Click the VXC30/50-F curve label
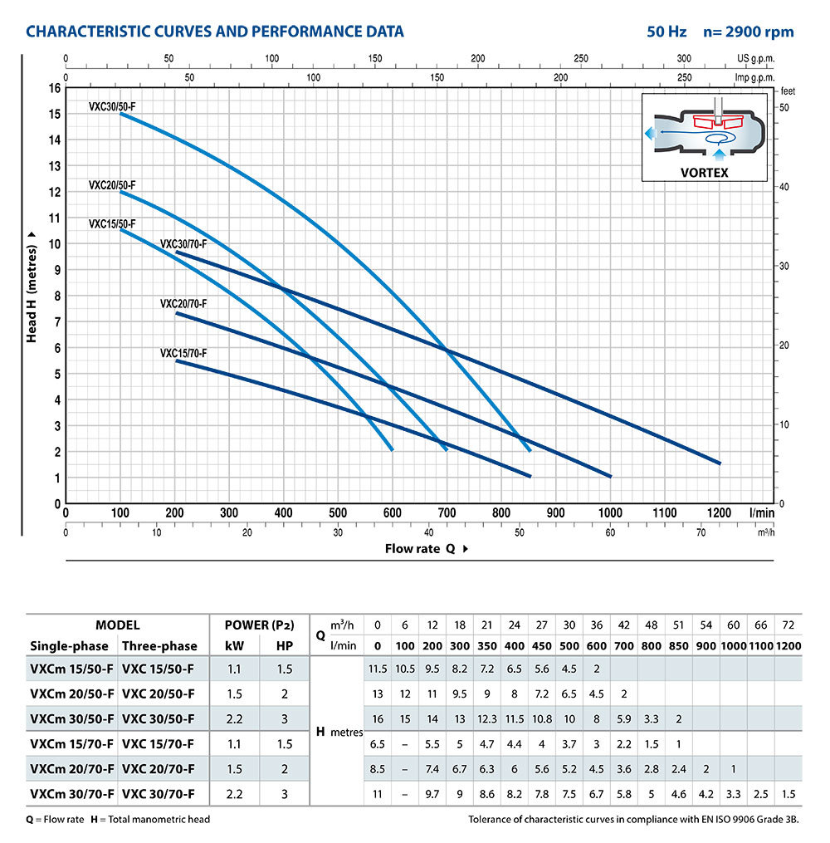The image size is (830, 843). [x=113, y=106]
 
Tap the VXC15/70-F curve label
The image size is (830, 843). [x=183, y=353]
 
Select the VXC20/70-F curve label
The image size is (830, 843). [x=183, y=304]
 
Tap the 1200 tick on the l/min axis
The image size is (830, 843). [x=719, y=513]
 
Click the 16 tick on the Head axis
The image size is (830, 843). [x=55, y=87]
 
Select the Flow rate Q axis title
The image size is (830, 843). [x=426, y=548]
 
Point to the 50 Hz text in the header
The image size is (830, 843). [x=666, y=32]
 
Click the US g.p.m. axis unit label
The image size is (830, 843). [x=754, y=60]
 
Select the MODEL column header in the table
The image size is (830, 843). [x=117, y=625]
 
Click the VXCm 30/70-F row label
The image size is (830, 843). [x=71, y=794]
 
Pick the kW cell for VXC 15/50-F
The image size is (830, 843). [x=233, y=668]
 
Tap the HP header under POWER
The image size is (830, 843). [x=284, y=645]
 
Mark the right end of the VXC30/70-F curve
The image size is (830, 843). [x=719, y=463]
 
